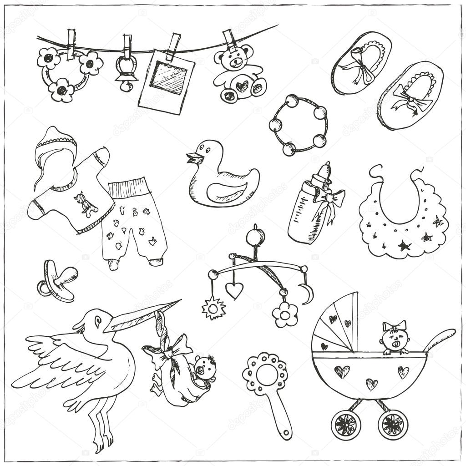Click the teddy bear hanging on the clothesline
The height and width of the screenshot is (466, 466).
238,73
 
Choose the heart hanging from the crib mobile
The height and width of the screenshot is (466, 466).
234,290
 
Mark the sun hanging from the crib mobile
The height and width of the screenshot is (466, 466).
213,309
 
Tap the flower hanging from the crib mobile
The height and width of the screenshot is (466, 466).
285,314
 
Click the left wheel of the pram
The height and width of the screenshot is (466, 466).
345,424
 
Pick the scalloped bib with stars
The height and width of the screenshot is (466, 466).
403,223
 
